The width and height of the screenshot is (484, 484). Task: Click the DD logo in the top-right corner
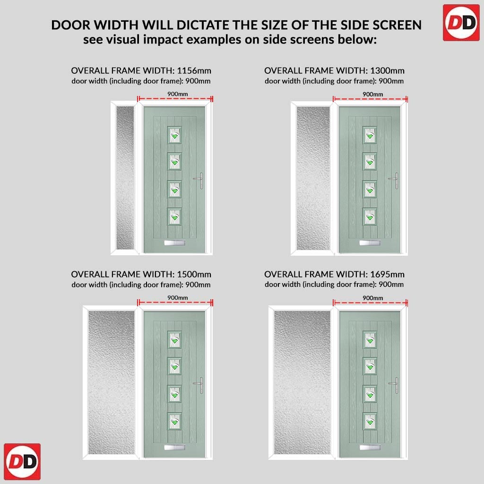click(x=461, y=23)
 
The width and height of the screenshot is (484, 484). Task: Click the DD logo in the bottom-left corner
click(x=22, y=462)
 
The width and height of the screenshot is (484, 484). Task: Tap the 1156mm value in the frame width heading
click(x=194, y=71)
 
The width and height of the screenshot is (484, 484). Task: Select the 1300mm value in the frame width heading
click(x=387, y=71)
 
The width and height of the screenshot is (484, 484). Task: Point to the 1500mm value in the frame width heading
click(x=194, y=275)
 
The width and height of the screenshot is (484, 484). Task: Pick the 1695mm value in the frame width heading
click(x=387, y=275)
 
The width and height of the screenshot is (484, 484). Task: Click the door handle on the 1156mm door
click(x=199, y=180)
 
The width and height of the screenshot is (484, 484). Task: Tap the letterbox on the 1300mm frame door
click(x=370, y=243)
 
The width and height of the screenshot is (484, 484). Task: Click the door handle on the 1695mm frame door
click(x=394, y=385)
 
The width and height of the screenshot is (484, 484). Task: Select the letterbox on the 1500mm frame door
click(x=174, y=448)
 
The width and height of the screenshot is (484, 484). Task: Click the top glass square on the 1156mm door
click(x=174, y=135)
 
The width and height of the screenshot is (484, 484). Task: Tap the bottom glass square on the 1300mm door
click(x=370, y=216)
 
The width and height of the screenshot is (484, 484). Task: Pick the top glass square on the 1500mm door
click(x=174, y=339)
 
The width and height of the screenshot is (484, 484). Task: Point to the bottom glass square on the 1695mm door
click(x=370, y=421)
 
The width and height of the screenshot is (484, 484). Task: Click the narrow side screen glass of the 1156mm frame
click(x=125, y=178)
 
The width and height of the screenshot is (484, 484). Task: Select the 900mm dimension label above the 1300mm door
click(x=372, y=94)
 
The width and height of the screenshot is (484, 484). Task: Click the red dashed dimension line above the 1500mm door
click(x=175, y=302)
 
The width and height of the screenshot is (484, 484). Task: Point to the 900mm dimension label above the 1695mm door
click(x=372, y=298)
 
